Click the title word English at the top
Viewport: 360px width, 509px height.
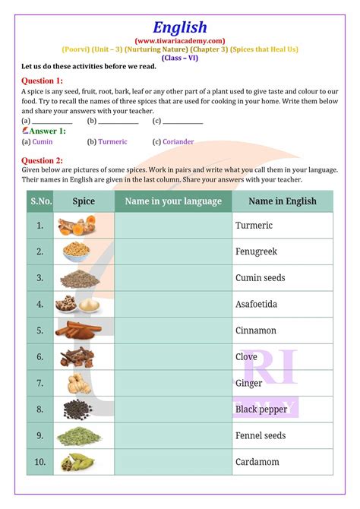pyautogui.click(x=180, y=27)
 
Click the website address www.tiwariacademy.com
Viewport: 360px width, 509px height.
pyautogui.click(x=180, y=40)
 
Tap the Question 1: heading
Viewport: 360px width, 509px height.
pyautogui.click(x=43, y=80)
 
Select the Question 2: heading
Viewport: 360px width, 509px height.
pyautogui.click(x=43, y=160)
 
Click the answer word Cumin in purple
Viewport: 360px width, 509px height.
pyautogui.click(x=44, y=141)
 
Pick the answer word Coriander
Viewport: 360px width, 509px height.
pyautogui.click(x=178, y=141)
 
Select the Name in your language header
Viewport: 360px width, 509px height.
pyautogui.click(x=173, y=201)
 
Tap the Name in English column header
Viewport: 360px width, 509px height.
pyautogui.click(x=282, y=201)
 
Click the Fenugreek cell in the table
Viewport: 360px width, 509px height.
pyautogui.click(x=256, y=251)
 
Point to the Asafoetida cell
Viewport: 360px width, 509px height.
pyautogui.click(x=256, y=304)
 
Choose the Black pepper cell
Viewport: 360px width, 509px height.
pyautogui.click(x=261, y=409)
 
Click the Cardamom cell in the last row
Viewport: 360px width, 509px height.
pyautogui.click(x=257, y=461)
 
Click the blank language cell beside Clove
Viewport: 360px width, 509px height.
pyautogui.click(x=173, y=356)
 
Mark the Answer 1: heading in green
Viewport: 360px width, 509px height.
pyautogui.click(x=46, y=131)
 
